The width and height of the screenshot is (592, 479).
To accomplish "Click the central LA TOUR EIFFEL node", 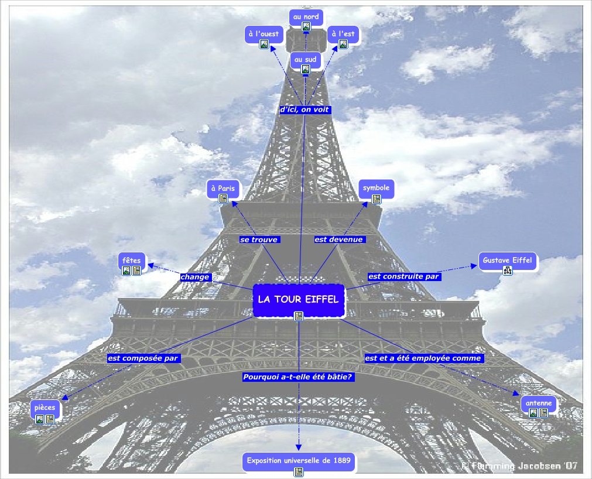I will click(298, 299).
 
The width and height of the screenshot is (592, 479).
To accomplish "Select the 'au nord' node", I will click(306, 17).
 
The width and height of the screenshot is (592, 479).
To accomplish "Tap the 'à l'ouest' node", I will click(264, 34).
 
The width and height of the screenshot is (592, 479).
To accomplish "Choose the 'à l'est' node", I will click(343, 34).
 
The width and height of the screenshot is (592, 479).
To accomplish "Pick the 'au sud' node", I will click(305, 60).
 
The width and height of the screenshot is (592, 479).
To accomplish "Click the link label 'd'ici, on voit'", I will click(304, 110).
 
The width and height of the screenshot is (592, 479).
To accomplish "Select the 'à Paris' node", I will click(223, 189).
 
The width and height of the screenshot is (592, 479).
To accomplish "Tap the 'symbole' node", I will click(376, 188).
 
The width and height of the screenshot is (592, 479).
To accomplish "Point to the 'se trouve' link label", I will click(259, 239).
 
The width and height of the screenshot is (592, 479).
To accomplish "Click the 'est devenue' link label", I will click(339, 239).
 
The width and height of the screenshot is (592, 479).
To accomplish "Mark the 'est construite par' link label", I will click(403, 276).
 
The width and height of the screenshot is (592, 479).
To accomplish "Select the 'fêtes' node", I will click(131, 261).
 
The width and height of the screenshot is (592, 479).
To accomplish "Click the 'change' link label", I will click(195, 277).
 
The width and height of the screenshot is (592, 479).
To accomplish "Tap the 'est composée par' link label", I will click(143, 358).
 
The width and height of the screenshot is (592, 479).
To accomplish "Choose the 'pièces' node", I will click(45, 408).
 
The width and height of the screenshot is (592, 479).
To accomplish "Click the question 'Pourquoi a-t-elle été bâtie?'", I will click(297, 377).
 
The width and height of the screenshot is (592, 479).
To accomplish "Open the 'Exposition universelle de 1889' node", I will click(299, 461).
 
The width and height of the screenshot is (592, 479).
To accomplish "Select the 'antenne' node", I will click(538, 403).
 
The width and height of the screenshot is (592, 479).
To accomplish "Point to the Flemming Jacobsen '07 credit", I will click(520, 466).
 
